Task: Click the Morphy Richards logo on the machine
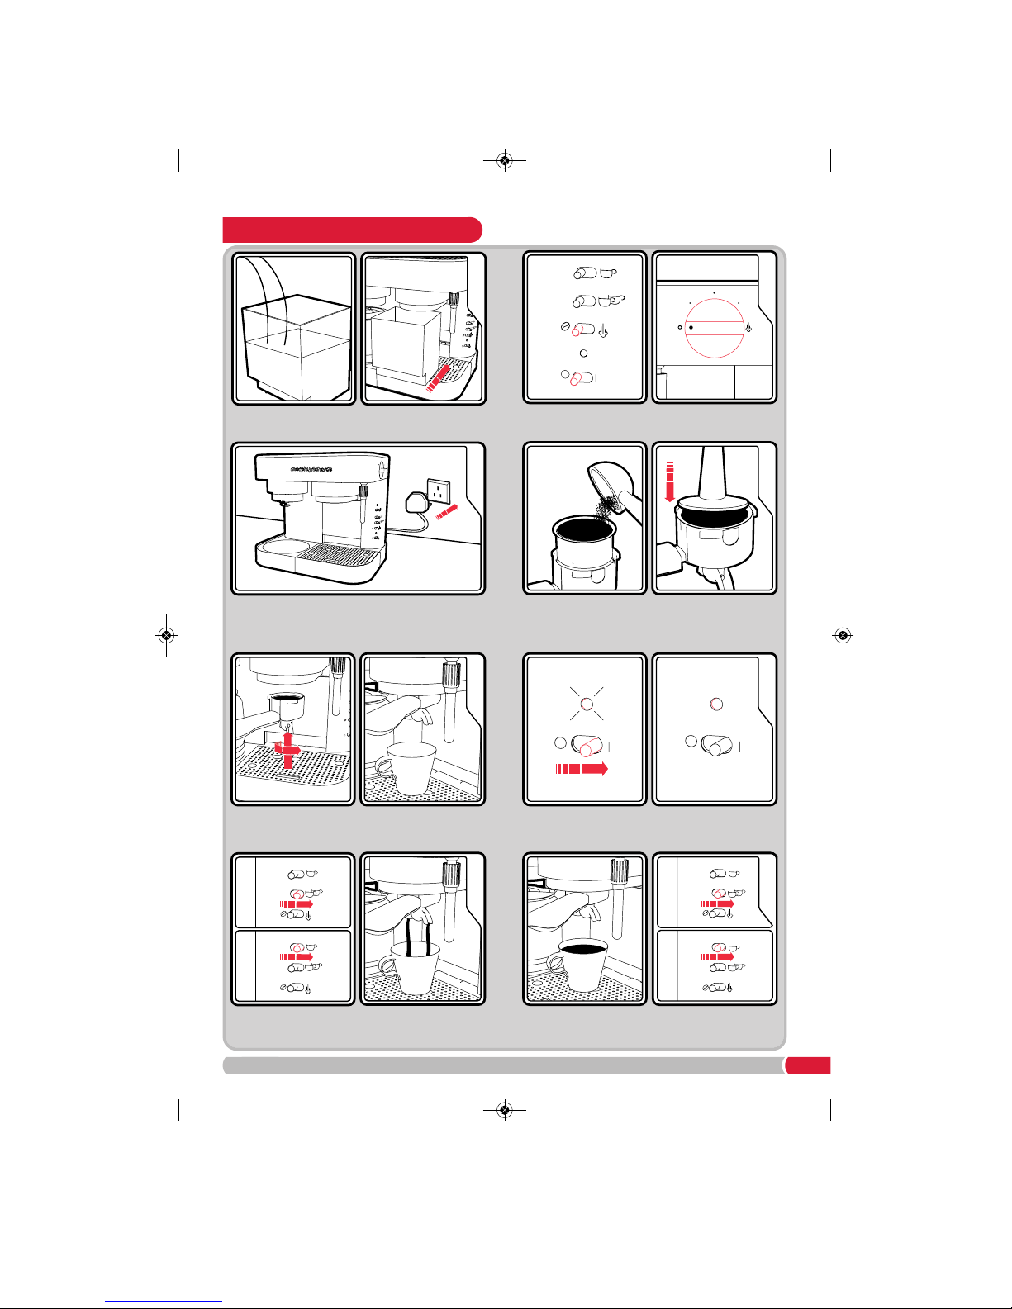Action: [x=311, y=468]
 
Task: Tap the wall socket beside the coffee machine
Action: [x=438, y=491]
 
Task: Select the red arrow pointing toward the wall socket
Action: [x=446, y=512]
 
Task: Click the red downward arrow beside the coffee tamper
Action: [x=669, y=482]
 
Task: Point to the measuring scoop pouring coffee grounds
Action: [x=615, y=486]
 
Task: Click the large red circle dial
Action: [x=715, y=328]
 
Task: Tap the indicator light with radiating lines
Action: [x=587, y=704]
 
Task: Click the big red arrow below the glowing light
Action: [x=582, y=769]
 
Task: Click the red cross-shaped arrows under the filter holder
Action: [x=288, y=750]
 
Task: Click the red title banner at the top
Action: [x=353, y=230]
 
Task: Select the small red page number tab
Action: [x=808, y=1065]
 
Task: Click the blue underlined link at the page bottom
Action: [x=164, y=1302]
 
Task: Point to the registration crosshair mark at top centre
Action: [x=505, y=160]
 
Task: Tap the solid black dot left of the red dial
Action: [x=691, y=327]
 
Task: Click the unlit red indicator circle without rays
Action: [x=716, y=704]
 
